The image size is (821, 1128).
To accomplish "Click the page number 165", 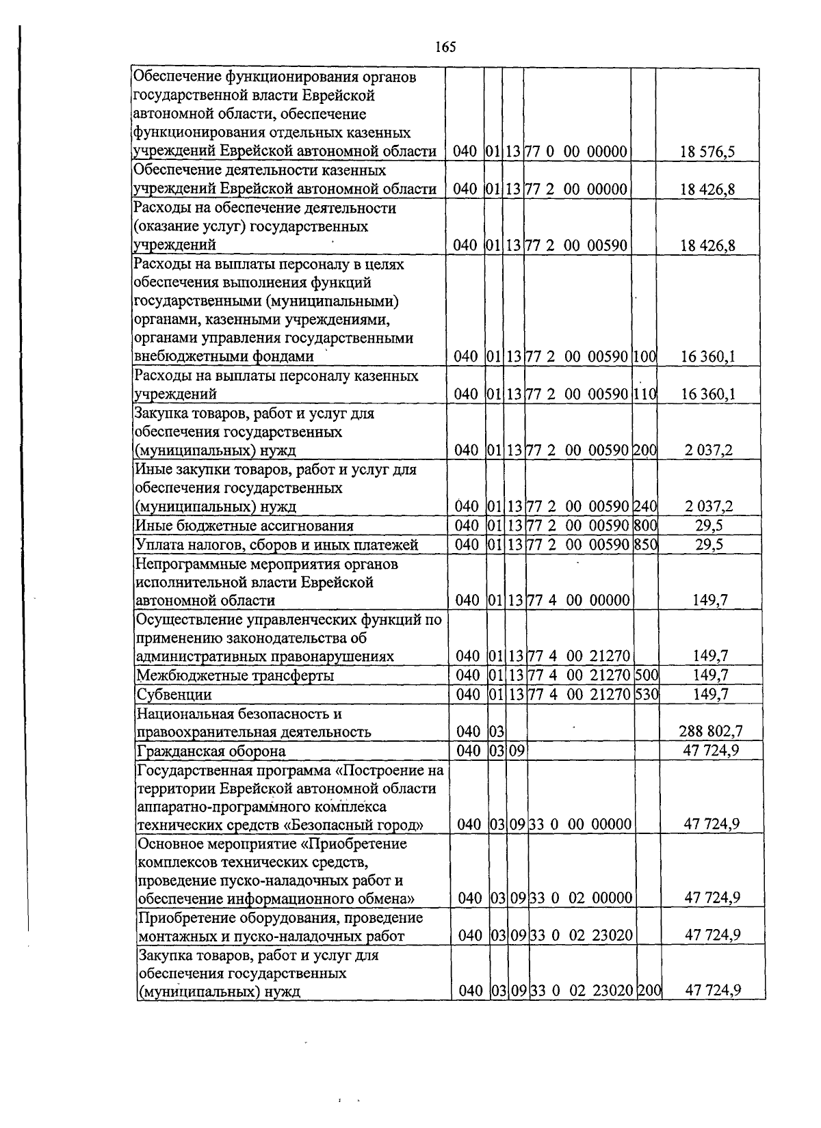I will pyautogui.click(x=445, y=47).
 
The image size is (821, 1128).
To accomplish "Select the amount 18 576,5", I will pyautogui.click(x=707, y=152).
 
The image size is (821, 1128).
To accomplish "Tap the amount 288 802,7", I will pyautogui.click(x=710, y=731).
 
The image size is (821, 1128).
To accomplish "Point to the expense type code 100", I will pyautogui.click(x=644, y=356).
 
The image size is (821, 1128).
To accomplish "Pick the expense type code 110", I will pyautogui.click(x=644, y=394).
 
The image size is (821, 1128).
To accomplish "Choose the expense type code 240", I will pyautogui.click(x=645, y=507).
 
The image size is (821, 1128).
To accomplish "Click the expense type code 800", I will pyautogui.click(x=645, y=526).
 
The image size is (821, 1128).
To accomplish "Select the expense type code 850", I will pyautogui.click(x=645, y=545).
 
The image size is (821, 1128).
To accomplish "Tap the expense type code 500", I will pyautogui.click(x=646, y=675).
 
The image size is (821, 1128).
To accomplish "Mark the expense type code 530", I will pyautogui.click(x=646, y=695).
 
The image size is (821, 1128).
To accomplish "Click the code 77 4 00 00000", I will pyautogui.click(x=578, y=600).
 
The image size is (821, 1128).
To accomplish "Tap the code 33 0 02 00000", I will pyautogui.click(x=580, y=898).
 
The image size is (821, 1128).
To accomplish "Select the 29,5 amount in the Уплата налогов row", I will pyautogui.click(x=711, y=545).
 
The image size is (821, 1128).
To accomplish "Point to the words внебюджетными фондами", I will pyautogui.click(x=224, y=356).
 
